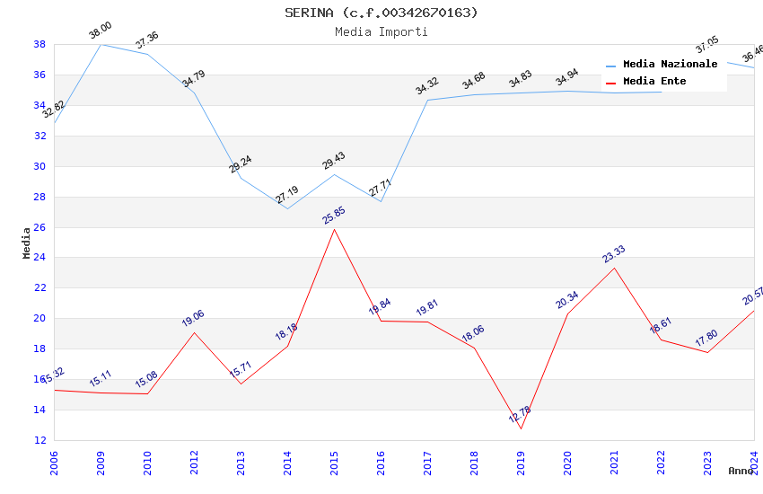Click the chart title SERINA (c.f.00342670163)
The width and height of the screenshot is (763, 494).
coord(381,13)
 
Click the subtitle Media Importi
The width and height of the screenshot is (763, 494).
coord(381,31)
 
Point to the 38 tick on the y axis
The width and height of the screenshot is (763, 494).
coord(39,44)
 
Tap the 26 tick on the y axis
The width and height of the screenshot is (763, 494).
coord(39,227)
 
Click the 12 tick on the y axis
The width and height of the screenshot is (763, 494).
coord(39,440)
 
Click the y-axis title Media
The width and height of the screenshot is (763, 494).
coord(27,243)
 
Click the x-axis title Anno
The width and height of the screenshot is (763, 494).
coord(741,471)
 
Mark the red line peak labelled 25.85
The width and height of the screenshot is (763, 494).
coord(334,229)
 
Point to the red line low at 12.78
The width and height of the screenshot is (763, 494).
coord(521,428)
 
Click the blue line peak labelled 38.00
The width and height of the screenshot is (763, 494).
coord(101,44)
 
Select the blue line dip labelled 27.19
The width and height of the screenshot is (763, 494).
coord(287,208)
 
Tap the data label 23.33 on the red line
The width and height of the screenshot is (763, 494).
coord(614,254)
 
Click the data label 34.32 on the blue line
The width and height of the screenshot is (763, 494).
coord(427,86)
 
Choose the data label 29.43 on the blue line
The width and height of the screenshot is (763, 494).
coord(333,161)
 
